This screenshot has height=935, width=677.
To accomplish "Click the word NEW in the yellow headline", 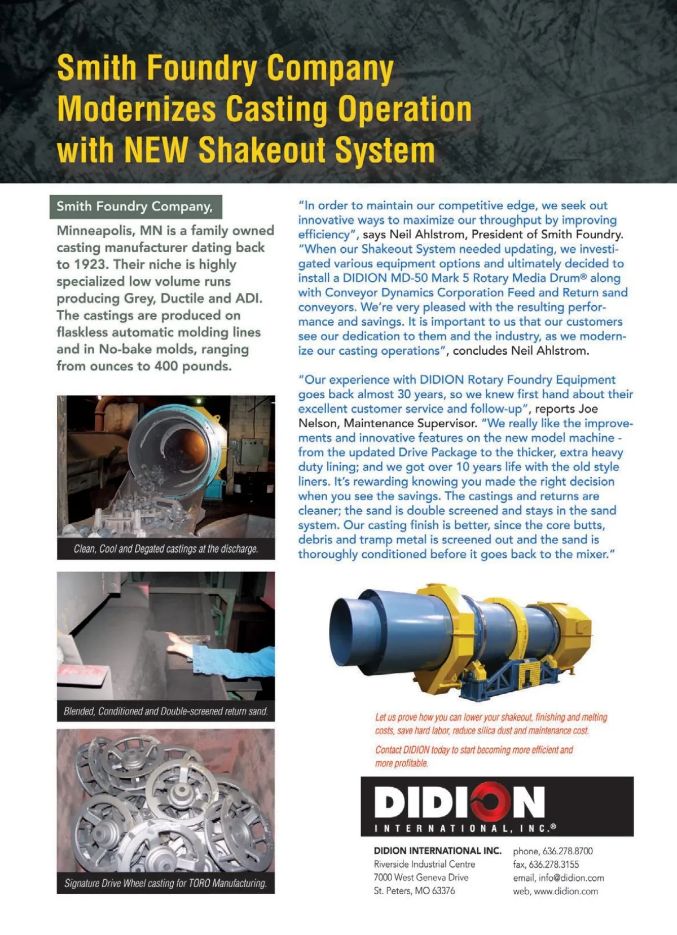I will tap(156, 150).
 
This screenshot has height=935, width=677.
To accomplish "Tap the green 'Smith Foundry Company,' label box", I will tap(135, 207).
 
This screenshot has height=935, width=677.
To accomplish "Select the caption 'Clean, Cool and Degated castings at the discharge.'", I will tap(166, 548).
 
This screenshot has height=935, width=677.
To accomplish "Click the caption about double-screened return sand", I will tap(166, 711).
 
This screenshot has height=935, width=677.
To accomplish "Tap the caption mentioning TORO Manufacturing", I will tap(166, 883).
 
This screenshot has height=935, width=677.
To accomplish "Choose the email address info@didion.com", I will tap(571, 878).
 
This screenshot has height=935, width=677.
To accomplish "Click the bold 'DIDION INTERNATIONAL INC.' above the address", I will tap(437, 851).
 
